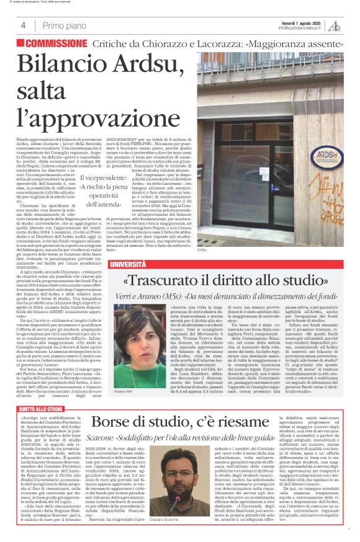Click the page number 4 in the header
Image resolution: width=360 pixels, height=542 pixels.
(23, 25)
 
